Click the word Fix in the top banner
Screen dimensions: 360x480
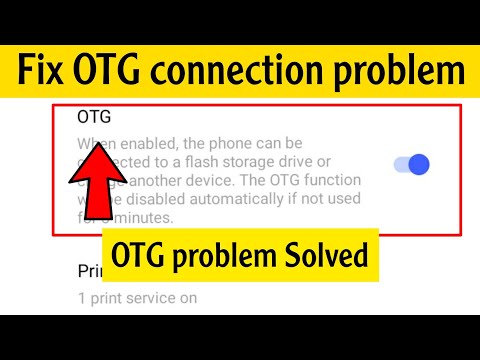click(44, 71)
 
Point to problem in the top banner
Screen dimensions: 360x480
click(405, 71)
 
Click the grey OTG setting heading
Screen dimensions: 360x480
click(93, 117)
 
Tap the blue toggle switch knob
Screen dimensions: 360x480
click(419, 164)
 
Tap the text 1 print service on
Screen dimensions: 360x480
click(138, 297)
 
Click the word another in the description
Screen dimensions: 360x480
click(155, 182)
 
